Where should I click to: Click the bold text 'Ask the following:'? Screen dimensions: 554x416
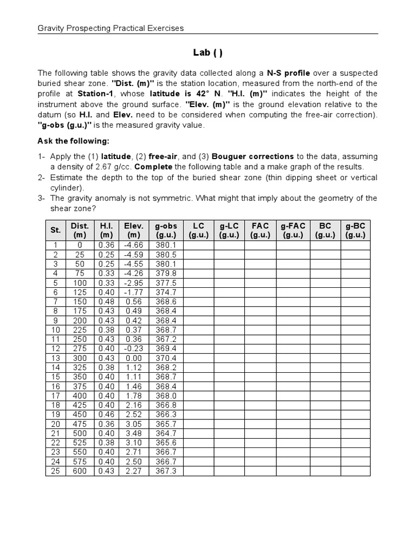click(x=73, y=141)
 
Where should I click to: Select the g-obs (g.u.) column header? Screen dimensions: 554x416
click(x=166, y=230)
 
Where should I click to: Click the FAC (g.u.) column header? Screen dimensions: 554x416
click(x=260, y=230)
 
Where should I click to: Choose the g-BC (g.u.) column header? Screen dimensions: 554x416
click(x=355, y=230)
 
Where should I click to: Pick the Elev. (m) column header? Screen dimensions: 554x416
click(x=133, y=230)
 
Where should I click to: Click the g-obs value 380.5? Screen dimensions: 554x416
click(x=166, y=254)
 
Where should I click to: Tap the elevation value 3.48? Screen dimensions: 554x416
click(x=133, y=434)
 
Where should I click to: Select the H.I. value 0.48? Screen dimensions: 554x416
click(x=106, y=301)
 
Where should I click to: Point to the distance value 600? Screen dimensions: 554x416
click(x=80, y=471)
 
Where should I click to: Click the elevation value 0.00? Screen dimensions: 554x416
click(x=133, y=358)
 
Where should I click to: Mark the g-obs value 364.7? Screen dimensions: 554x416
click(x=166, y=434)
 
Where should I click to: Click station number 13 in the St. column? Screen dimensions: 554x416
click(x=55, y=358)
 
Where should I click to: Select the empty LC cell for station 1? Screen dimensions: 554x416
click(x=198, y=245)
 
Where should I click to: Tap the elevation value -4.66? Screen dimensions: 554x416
click(x=133, y=245)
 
